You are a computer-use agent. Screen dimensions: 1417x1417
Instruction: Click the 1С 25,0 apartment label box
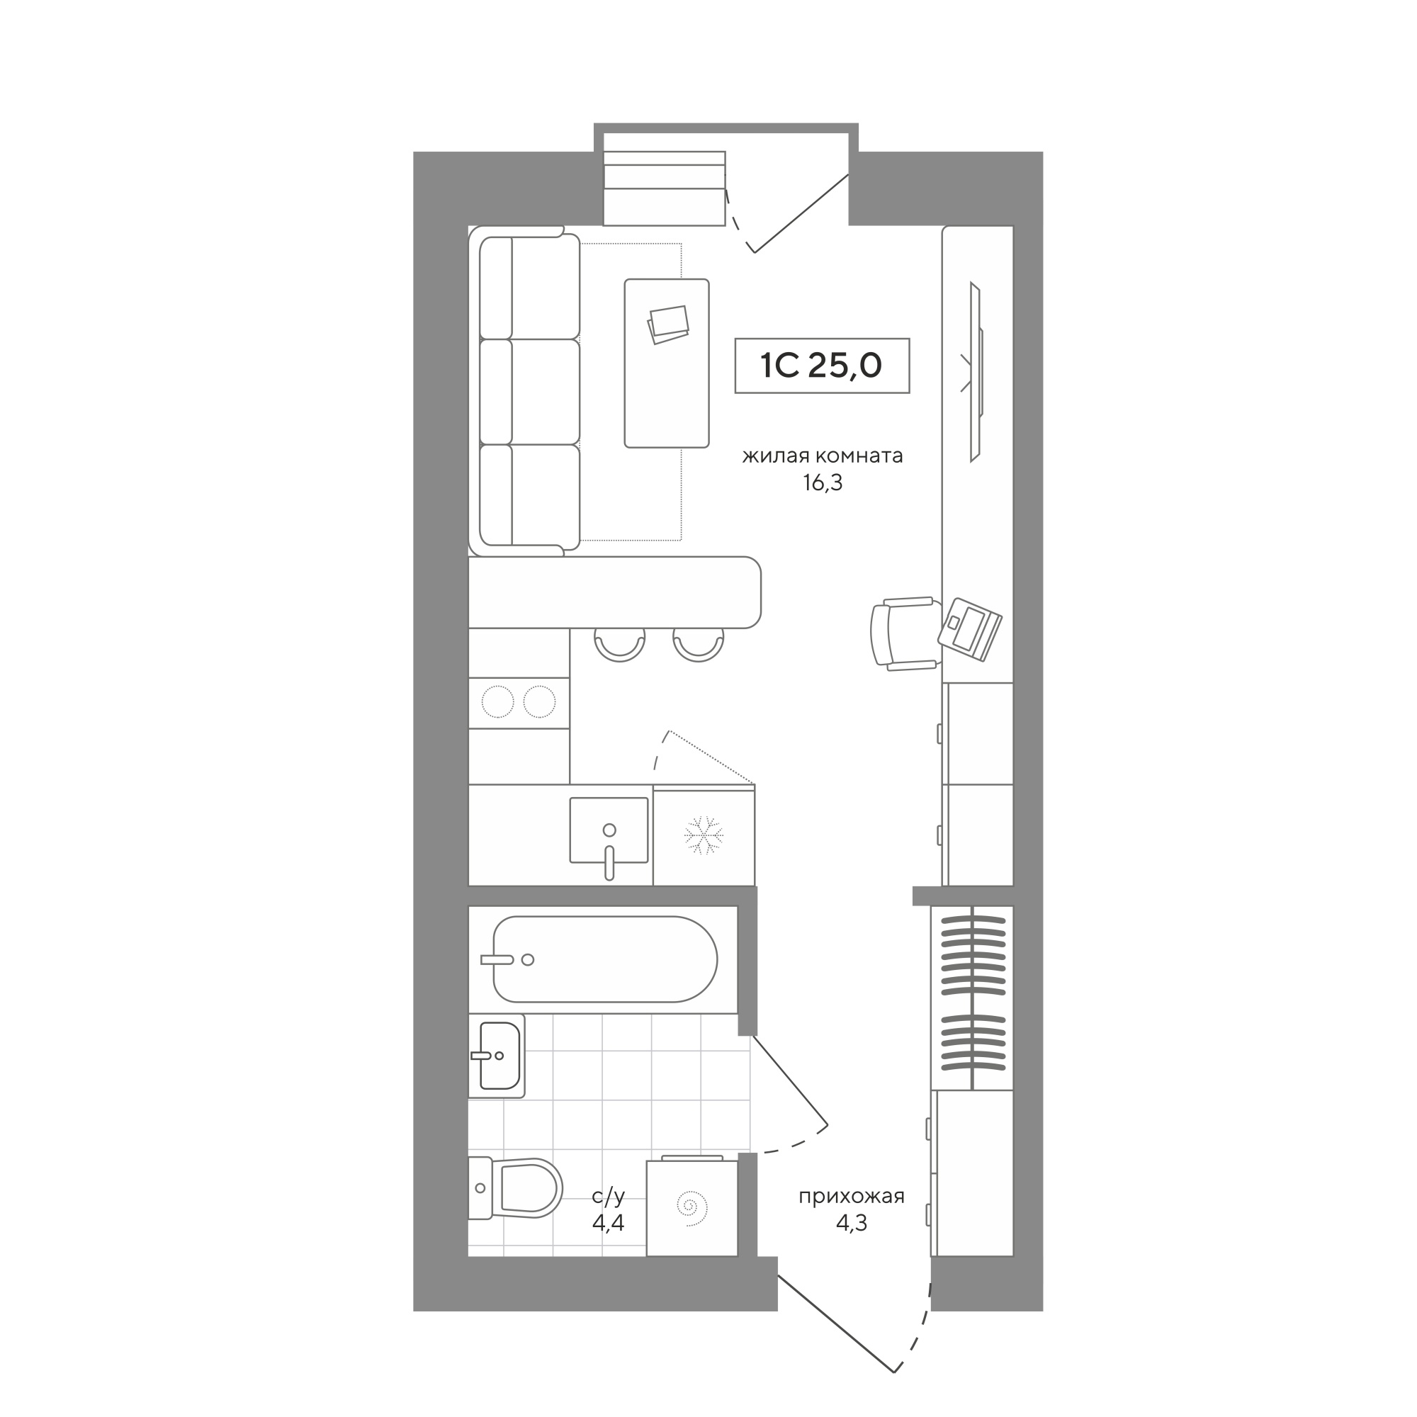coord(822,366)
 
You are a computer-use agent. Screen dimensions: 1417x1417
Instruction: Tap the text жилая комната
coord(822,456)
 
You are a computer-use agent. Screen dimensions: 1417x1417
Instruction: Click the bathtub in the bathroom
coord(605,959)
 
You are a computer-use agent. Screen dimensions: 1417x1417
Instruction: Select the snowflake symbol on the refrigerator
coord(704,835)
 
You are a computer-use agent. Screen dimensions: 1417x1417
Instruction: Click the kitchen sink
coord(609,832)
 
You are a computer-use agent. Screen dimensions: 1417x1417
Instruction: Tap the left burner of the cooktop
coord(497,702)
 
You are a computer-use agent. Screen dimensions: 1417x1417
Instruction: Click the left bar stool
coord(620,645)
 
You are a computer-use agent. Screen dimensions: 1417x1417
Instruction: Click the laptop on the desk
coord(971,628)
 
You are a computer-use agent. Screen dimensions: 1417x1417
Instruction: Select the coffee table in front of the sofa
coord(667,363)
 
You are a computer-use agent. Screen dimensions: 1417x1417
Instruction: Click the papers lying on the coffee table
coord(669,325)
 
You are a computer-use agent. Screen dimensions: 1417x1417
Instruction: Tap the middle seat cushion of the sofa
coord(529,392)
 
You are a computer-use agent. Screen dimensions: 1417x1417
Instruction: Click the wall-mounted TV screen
coord(976,372)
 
